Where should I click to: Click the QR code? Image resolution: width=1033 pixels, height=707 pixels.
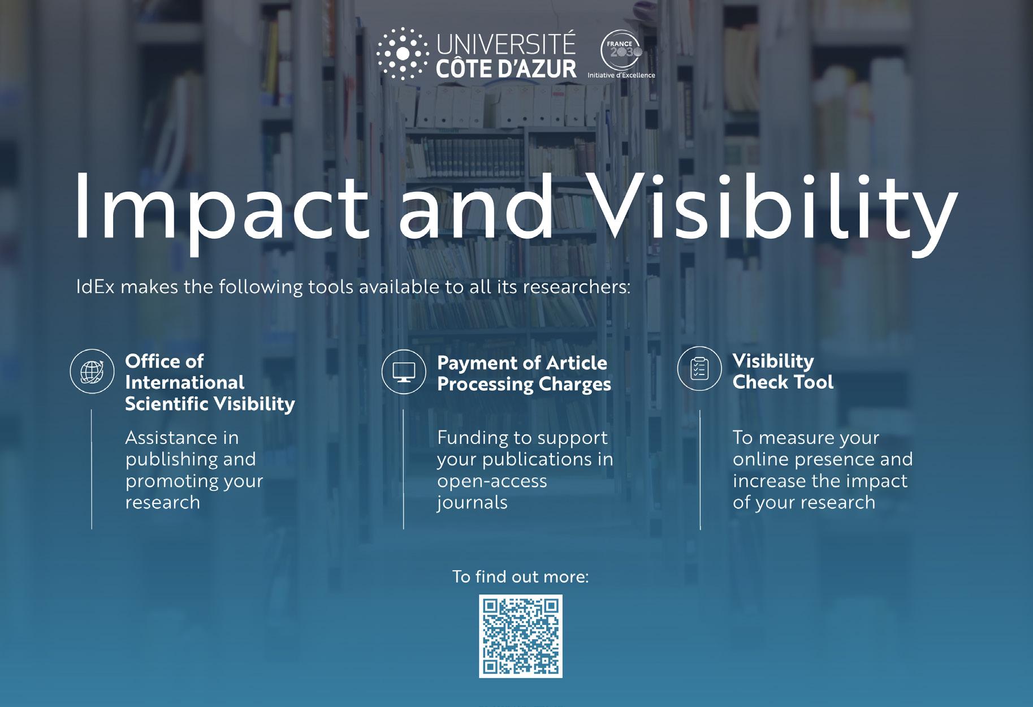pos(521,636)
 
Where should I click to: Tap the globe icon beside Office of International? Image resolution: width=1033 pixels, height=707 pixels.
pos(92,372)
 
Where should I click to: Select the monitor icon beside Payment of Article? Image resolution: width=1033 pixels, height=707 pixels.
pos(404,372)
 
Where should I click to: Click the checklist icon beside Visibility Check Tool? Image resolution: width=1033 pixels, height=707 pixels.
pos(699,369)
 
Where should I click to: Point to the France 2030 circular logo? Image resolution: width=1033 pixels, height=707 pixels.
pos(621,51)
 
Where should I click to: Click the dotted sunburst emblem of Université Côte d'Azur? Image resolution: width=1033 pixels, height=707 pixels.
pos(402,53)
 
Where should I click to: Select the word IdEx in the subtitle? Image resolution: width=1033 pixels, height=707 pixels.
pos(96,287)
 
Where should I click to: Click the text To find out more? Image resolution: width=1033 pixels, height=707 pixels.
pos(521,577)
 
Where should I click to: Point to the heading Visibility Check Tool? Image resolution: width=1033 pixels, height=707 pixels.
pos(783,372)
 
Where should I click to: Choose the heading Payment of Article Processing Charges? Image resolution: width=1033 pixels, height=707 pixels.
pos(524,374)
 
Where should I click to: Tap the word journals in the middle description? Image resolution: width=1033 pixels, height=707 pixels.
pos(472,503)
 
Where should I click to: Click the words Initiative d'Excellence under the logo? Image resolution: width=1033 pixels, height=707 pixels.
pos(621,75)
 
